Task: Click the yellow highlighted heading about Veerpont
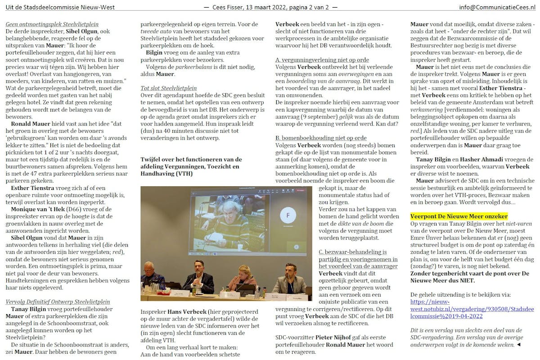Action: pos(459,216)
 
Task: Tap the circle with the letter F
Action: pos(288,215)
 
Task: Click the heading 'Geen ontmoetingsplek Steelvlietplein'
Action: pos(52,24)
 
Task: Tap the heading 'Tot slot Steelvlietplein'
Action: pos(168,88)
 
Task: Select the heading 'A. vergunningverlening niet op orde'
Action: pos(322,60)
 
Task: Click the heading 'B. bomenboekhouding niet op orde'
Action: pos(321,138)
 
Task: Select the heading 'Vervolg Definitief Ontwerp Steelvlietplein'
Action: pos(58,301)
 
